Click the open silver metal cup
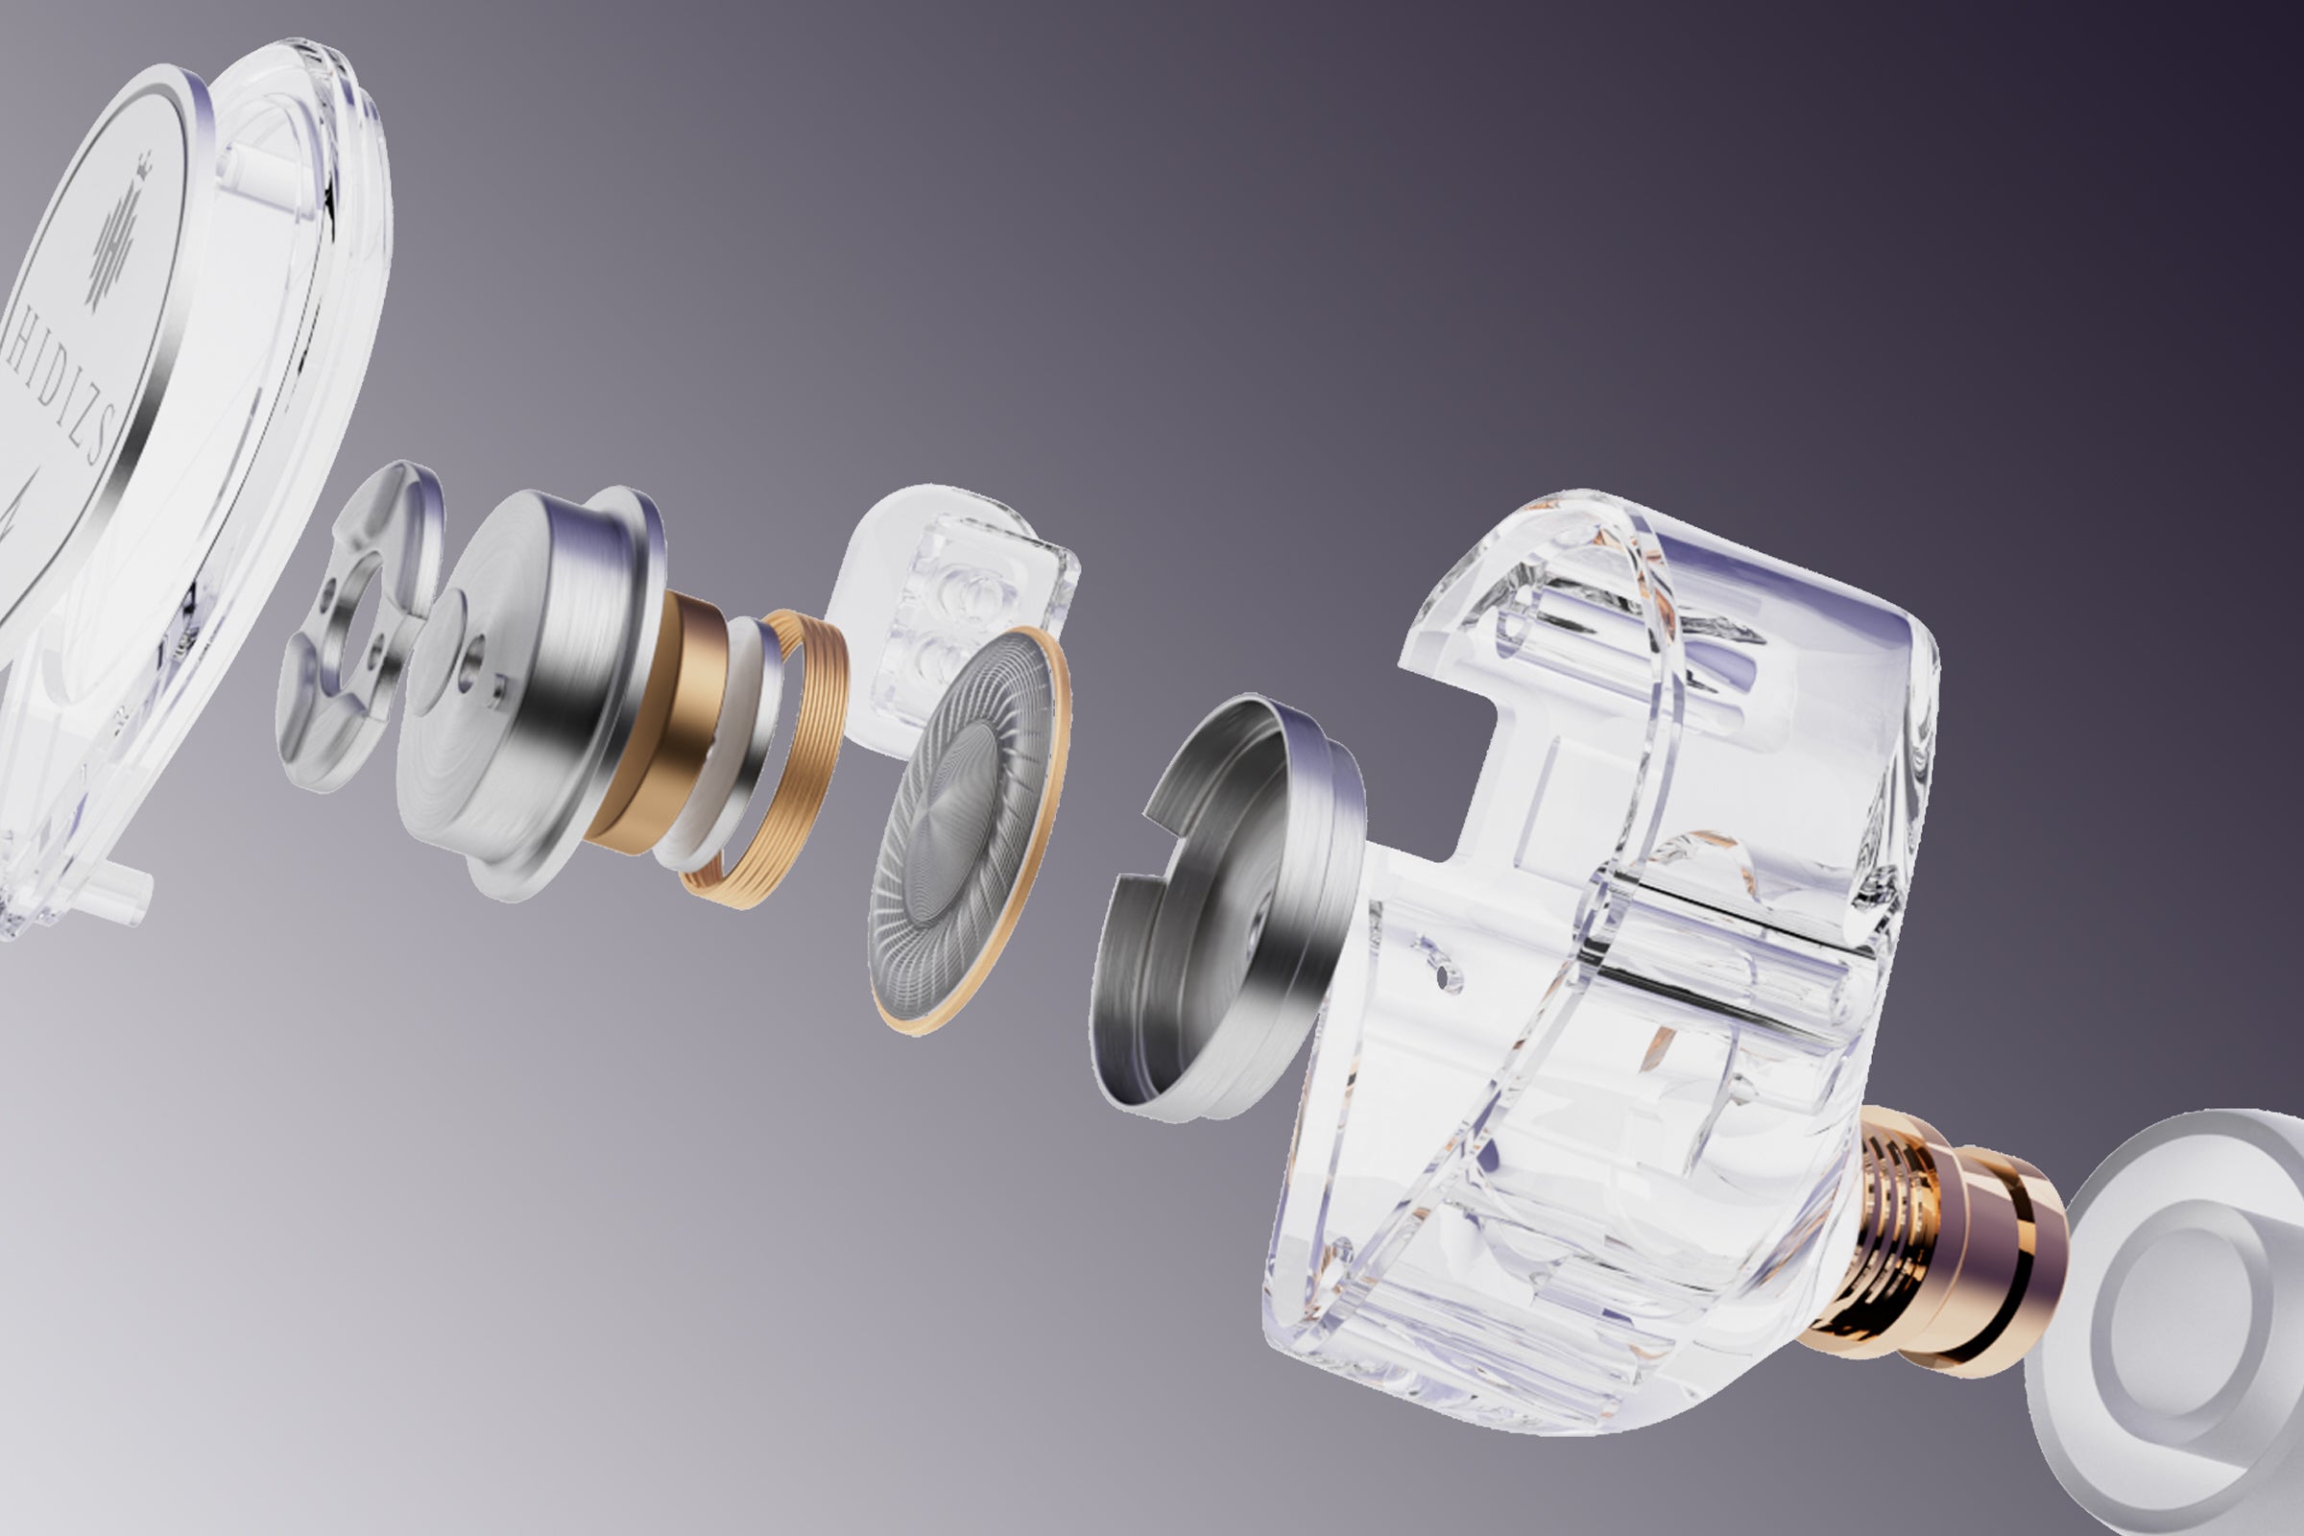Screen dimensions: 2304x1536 tap(1230, 911)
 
